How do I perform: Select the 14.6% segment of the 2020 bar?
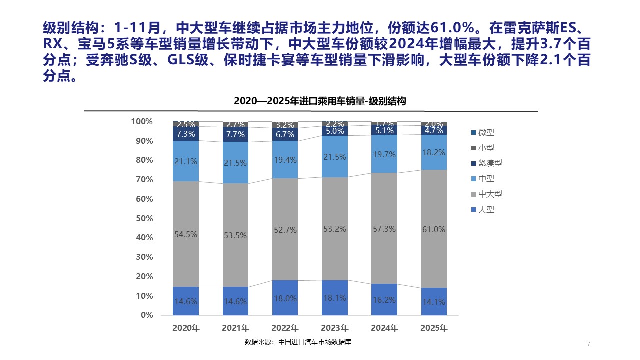click(x=186, y=301)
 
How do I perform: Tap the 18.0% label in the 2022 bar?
click(x=285, y=298)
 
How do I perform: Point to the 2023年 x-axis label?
click(x=335, y=328)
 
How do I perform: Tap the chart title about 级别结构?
click(x=320, y=101)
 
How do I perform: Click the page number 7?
click(x=588, y=343)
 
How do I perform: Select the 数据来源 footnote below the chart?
click(x=301, y=342)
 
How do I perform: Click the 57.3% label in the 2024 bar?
click(x=384, y=229)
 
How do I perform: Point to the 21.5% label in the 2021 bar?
click(x=235, y=163)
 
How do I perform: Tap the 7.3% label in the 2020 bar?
click(x=186, y=134)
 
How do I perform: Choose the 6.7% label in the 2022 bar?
click(x=285, y=135)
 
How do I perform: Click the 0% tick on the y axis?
click(x=146, y=315)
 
